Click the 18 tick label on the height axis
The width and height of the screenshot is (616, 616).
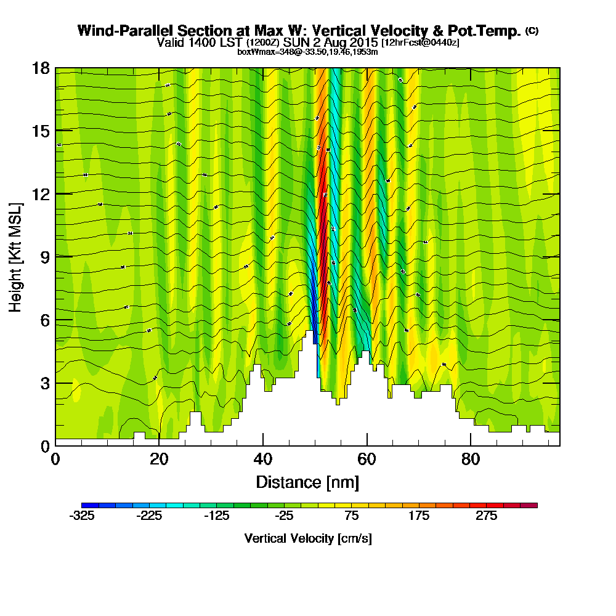click(x=41, y=68)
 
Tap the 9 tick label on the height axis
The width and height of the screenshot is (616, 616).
click(x=44, y=257)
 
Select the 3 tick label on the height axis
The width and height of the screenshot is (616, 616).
click(x=44, y=383)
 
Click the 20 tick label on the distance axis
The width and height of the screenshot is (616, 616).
click(x=159, y=460)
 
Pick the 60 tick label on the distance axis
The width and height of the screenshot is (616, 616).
click(x=367, y=460)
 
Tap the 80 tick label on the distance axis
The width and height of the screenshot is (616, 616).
click(x=471, y=460)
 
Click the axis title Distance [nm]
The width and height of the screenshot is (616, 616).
click(x=307, y=482)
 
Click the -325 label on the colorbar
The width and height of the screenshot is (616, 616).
click(x=83, y=516)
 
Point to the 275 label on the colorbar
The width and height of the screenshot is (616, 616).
click(x=487, y=516)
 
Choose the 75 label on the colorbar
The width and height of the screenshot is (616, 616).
click(x=352, y=516)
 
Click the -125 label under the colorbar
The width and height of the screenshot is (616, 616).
click(x=217, y=516)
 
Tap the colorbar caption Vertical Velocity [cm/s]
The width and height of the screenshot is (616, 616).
click(x=307, y=538)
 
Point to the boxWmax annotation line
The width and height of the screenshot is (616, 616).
click(x=307, y=52)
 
